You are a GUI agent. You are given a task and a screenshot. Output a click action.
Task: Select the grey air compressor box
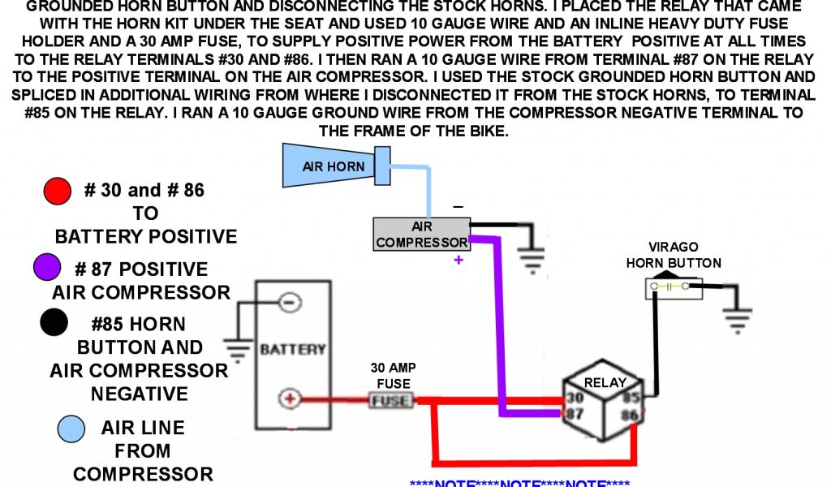[421, 235]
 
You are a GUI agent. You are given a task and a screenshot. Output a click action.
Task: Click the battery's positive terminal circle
[289, 399]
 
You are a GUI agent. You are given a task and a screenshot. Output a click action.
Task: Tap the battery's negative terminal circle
[289, 303]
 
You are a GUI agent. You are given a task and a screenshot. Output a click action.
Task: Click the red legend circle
[58, 192]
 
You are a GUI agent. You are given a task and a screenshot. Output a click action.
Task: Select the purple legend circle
[48, 266]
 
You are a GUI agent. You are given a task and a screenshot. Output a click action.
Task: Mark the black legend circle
[54, 322]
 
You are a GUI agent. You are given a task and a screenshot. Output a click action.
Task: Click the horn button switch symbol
[673, 287]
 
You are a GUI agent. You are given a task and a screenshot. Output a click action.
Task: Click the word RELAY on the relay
[605, 382]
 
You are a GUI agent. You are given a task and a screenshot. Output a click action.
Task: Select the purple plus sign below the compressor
[459, 260]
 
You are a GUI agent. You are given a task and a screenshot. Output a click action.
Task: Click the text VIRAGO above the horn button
[673, 247]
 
